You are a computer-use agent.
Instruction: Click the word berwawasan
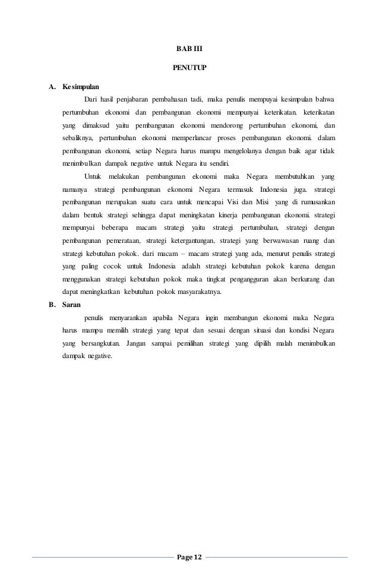[267, 242]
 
